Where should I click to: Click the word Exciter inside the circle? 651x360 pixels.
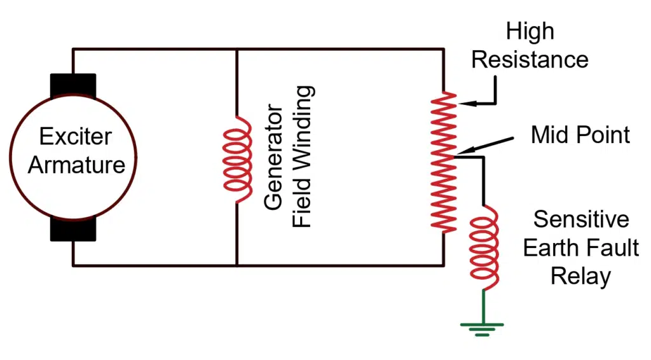point(75,136)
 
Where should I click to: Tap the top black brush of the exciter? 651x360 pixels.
point(72,87)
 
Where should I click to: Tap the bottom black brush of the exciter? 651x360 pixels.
point(72,229)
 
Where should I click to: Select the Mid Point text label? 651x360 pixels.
point(580,135)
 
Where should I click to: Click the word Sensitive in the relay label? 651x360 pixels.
point(581,219)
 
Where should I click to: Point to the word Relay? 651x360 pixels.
point(580,276)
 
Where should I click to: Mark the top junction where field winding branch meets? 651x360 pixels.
point(236,49)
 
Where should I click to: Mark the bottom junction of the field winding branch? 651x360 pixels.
point(236,265)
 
